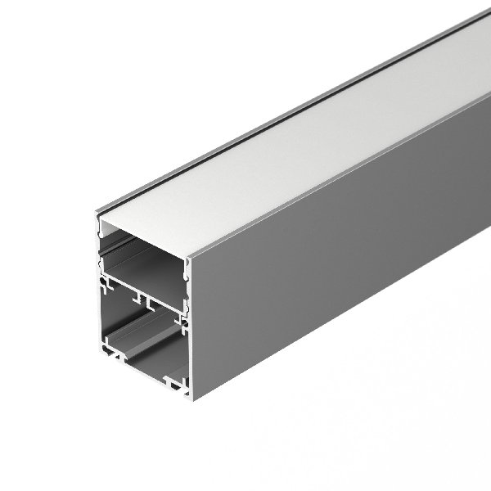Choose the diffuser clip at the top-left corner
coord(101,223)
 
